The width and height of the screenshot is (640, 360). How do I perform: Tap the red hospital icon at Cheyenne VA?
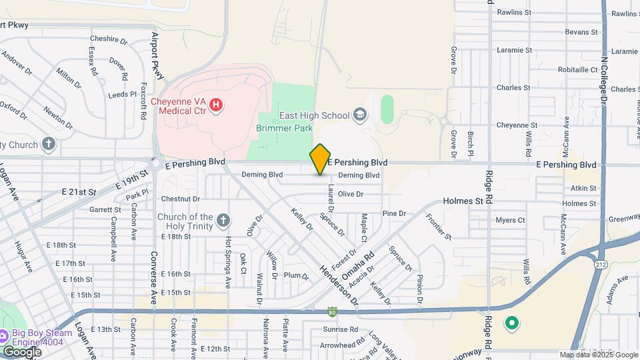pos(215,105)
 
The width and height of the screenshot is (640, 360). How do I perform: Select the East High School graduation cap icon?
pos(361,115)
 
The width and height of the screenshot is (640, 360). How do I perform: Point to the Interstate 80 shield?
pos(333,311)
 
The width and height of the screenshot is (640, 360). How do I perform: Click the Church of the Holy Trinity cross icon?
pos(223,220)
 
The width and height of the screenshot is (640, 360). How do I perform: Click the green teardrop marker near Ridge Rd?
pos(511,324)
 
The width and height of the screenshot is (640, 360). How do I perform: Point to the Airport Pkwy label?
pos(157,56)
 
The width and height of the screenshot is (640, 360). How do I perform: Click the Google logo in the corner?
pos(21,351)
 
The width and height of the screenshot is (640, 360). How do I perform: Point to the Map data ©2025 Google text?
pos(599,355)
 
